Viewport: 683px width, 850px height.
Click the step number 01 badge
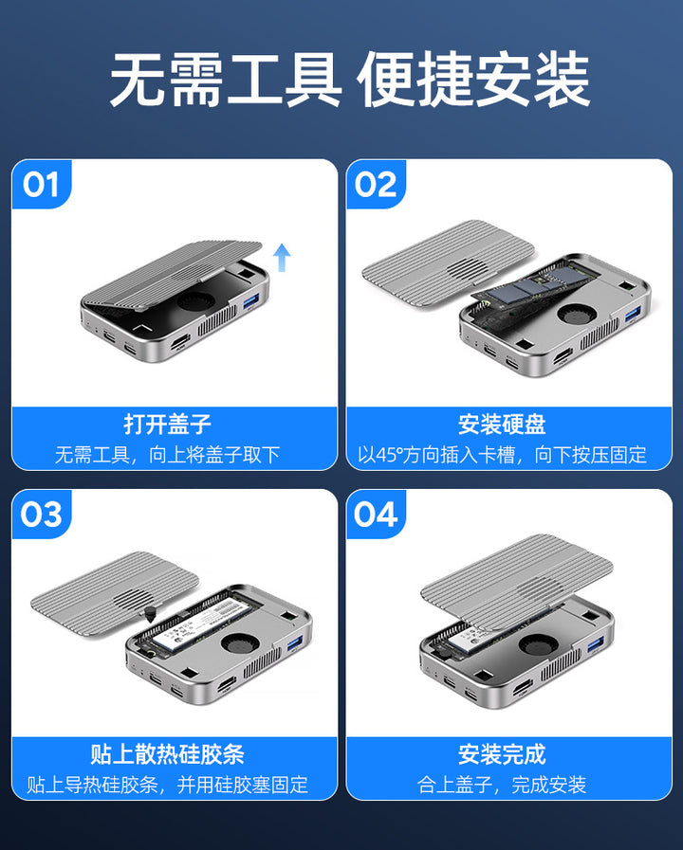(x=41, y=185)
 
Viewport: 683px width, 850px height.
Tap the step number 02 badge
(x=376, y=185)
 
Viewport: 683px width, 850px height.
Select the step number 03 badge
(x=41, y=514)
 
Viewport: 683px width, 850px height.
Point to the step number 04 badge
(x=376, y=514)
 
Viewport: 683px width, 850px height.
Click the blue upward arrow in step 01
(x=282, y=257)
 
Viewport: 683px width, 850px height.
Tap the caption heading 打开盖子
(x=168, y=424)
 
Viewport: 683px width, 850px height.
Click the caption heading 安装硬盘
(x=502, y=424)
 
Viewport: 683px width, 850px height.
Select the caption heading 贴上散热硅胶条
(x=168, y=753)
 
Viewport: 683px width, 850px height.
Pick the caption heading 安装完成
(x=502, y=753)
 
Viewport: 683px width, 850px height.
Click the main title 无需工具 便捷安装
(x=350, y=80)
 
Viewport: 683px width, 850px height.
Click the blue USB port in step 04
(x=595, y=644)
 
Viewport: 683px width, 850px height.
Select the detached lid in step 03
(x=115, y=593)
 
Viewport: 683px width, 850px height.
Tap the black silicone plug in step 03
(x=149, y=613)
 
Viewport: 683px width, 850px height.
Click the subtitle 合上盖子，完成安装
(x=502, y=785)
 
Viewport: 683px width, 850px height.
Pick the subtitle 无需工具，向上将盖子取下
(x=168, y=454)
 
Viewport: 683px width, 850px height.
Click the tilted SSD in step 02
(x=537, y=287)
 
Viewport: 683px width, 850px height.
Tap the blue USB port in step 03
(x=295, y=643)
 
